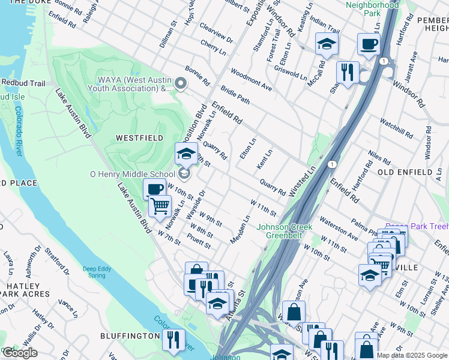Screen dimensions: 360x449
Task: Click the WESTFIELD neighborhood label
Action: point(139,138)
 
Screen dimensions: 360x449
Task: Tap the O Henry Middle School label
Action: point(132,175)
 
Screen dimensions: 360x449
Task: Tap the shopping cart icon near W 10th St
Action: point(160,206)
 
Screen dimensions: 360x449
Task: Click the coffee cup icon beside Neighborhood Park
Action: point(369,44)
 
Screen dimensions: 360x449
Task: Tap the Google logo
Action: point(20,353)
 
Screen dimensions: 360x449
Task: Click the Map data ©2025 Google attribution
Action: point(412,355)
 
